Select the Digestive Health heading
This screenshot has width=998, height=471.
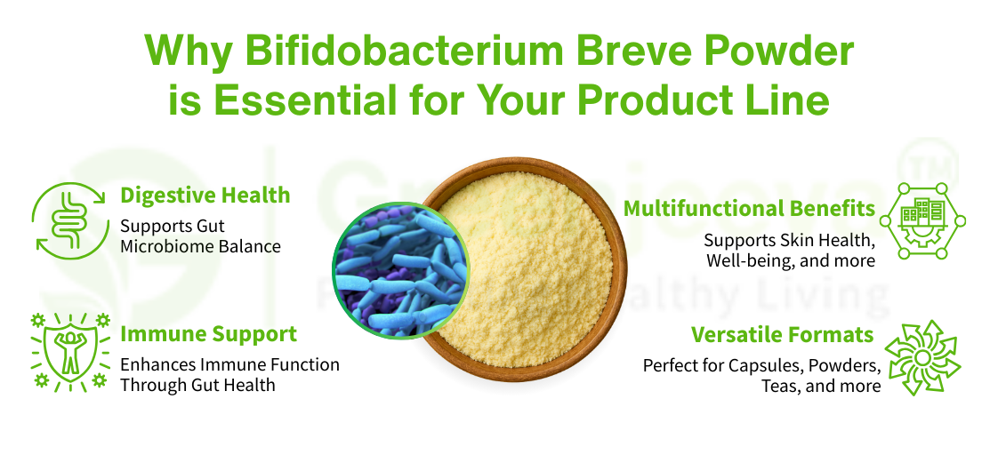pos(205,195)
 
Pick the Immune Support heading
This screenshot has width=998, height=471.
pos(208,334)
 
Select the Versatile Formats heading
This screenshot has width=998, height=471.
pos(782,334)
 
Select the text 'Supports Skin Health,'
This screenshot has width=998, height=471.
pos(789,240)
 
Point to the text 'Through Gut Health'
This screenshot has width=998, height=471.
pos(197,385)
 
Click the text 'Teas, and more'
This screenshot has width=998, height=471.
pos(820,386)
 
